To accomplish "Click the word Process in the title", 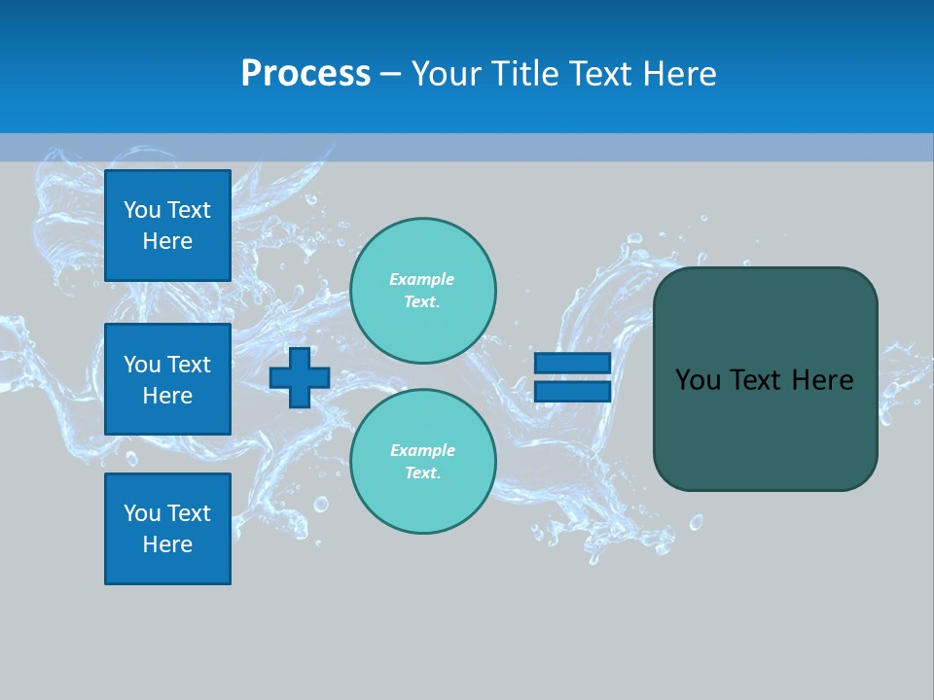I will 305,74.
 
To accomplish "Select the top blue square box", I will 167,226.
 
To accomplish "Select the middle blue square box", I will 167,379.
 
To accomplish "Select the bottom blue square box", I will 167,529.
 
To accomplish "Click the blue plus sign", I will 300,377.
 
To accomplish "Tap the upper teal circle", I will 422,291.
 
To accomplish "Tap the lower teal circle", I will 422,462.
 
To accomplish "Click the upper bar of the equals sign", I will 572,364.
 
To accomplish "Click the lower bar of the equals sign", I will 572,391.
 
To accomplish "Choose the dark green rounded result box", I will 765,428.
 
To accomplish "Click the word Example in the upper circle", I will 422,280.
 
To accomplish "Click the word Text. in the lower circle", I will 422,473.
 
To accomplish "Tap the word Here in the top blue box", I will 167,241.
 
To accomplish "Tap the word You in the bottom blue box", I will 142,513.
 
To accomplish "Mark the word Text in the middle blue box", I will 188,365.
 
